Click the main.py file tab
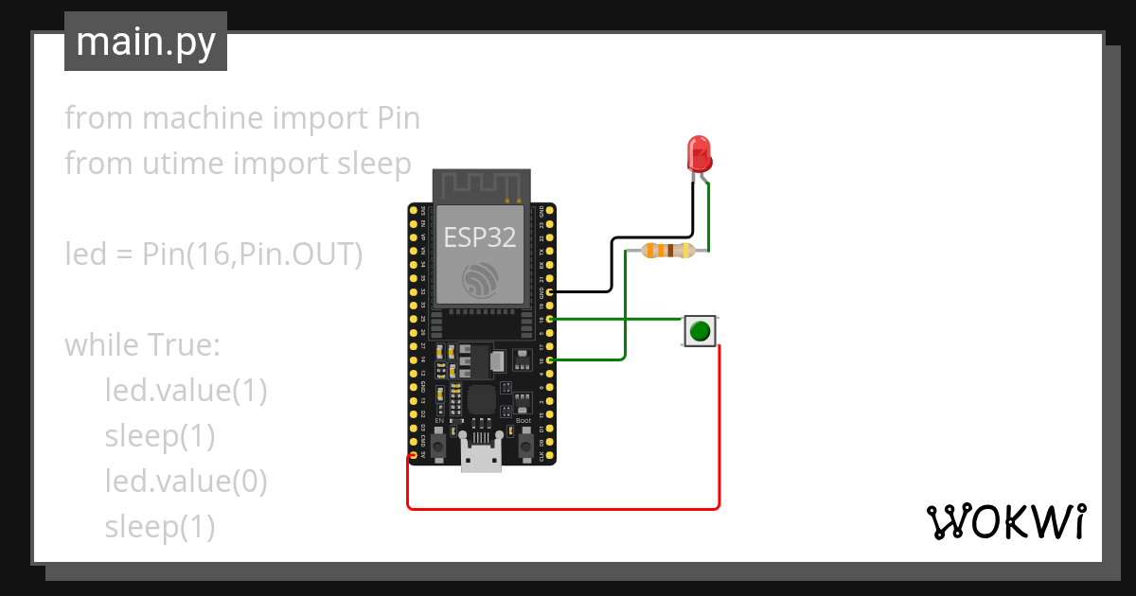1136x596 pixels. [x=145, y=42]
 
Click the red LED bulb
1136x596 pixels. [x=699, y=152]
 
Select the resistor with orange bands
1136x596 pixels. [x=667, y=251]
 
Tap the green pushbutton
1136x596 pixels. [x=700, y=331]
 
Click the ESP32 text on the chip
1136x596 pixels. [x=480, y=237]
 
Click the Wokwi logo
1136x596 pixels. [x=1005, y=521]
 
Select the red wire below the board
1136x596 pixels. [x=563, y=508]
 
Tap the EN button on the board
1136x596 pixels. [x=439, y=437]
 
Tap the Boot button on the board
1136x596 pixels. [x=524, y=437]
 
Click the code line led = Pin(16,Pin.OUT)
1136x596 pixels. [x=214, y=254]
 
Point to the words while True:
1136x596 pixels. [x=142, y=345]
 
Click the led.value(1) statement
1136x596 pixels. [x=186, y=391]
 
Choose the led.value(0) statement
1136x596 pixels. [x=186, y=482]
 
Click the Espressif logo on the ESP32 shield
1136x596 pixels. [x=480, y=281]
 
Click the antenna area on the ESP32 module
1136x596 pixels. [x=480, y=185]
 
